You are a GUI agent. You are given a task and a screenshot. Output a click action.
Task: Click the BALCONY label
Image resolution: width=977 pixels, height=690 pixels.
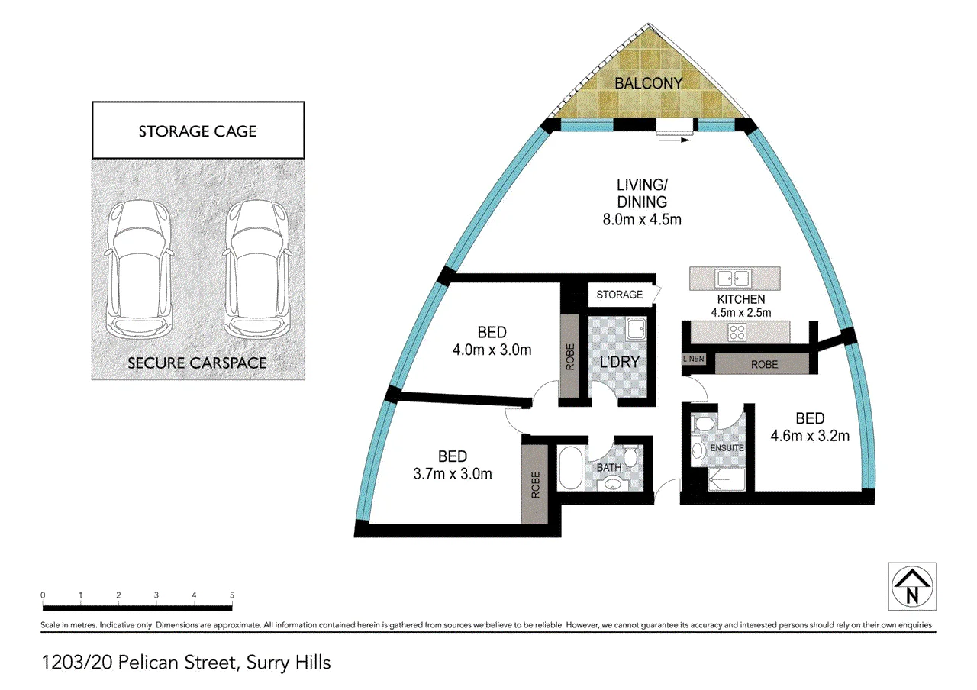coord(648,83)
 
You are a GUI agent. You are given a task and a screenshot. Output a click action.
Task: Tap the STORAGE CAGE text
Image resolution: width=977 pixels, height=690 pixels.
coord(198,131)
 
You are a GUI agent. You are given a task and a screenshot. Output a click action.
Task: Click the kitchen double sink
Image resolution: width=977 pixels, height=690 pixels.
coord(734,279)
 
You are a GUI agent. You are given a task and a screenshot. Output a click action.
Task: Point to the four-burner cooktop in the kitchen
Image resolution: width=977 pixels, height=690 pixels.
coord(737,332)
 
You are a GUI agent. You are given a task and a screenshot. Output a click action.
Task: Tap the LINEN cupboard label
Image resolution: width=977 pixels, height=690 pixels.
coord(694,359)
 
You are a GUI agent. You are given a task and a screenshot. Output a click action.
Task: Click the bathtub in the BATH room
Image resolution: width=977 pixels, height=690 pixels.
coord(570,467)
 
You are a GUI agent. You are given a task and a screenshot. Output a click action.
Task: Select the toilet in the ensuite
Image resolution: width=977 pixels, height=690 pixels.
coord(704,424)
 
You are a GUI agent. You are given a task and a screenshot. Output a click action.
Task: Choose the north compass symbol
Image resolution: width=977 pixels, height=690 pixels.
coord(912,586)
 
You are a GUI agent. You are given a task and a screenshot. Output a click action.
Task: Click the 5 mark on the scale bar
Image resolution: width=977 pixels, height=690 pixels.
coord(232,595)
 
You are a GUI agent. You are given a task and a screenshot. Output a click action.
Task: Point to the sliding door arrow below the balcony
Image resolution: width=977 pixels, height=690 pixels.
coord(674,140)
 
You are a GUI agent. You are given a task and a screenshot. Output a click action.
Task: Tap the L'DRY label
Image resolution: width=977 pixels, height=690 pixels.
coord(619,362)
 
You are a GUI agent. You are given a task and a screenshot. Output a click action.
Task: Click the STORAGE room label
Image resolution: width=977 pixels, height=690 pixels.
coord(619,295)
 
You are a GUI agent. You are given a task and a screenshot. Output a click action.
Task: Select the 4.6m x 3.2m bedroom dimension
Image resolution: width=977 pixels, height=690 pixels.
coord(810,436)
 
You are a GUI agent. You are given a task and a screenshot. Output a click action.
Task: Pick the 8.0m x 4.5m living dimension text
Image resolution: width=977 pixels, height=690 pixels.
coord(642,219)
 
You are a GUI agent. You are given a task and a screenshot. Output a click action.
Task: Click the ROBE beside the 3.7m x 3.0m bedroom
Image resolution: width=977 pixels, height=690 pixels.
coord(536,485)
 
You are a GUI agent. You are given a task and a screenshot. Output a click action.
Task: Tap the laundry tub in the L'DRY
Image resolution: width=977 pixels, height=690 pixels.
coord(636,329)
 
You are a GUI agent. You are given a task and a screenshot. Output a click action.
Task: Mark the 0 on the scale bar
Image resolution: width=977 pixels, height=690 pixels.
coord(43,595)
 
